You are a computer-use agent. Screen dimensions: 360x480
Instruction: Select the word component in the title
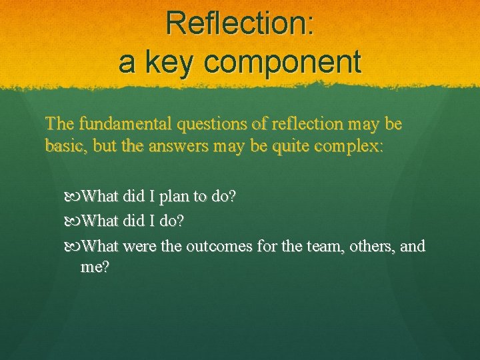(x=283, y=63)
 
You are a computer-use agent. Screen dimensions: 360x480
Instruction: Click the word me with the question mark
(x=95, y=267)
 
